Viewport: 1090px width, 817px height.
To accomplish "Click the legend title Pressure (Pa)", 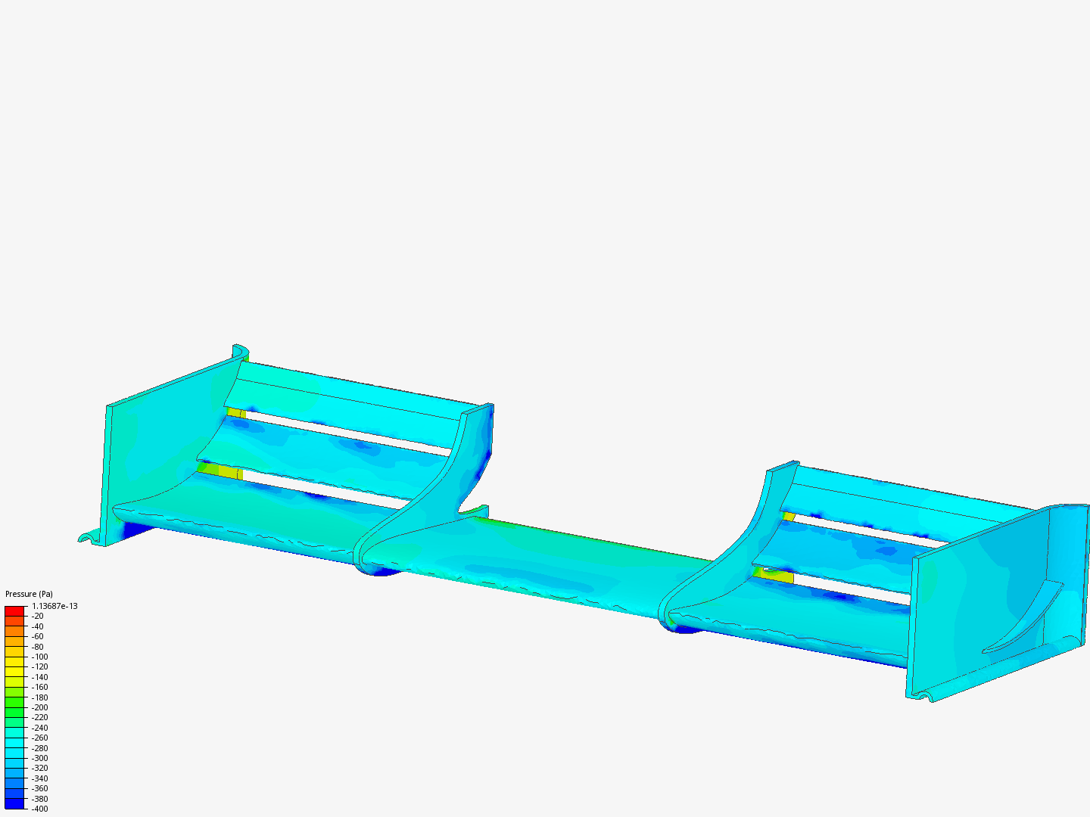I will pyautogui.click(x=29, y=594).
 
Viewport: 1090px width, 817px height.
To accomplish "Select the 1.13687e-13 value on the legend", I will pyautogui.click(x=54, y=606).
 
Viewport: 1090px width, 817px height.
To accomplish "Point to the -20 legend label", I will pyautogui.click(x=38, y=617).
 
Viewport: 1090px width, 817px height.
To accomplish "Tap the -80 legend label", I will pyautogui.click(x=38, y=647).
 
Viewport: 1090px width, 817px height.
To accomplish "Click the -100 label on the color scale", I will pyautogui.click(x=39, y=657).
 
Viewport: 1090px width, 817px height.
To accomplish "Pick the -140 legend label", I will pyautogui.click(x=39, y=677).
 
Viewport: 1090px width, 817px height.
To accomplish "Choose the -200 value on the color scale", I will pyautogui.click(x=39, y=707).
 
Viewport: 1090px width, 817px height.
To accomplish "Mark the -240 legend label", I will pyautogui.click(x=39, y=728).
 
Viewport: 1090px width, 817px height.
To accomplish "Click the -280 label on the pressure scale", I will pyautogui.click(x=39, y=748).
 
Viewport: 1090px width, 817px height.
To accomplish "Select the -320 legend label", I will pyautogui.click(x=39, y=768).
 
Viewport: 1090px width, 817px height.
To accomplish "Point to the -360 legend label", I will pyautogui.click(x=39, y=788).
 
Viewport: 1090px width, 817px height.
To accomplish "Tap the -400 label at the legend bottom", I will pyautogui.click(x=39, y=809).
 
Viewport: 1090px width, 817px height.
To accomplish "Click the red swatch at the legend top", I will pyautogui.click(x=14, y=610).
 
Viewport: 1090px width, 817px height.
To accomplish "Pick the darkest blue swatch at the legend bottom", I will pyautogui.click(x=14, y=803).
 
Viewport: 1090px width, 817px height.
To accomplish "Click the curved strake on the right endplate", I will pyautogui.click(x=1022, y=620).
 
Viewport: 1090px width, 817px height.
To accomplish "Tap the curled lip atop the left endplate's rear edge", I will pyautogui.click(x=241, y=351).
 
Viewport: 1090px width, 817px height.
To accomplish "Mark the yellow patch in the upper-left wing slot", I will pyautogui.click(x=236, y=413).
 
